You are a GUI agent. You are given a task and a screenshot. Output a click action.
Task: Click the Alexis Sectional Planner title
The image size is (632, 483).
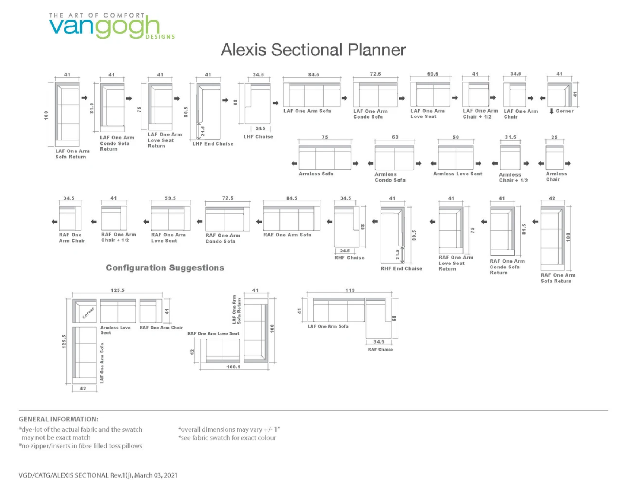click(313, 50)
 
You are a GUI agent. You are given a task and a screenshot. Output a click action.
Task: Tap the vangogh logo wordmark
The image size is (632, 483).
click(104, 26)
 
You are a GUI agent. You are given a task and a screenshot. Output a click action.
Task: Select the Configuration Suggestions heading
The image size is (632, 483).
click(165, 268)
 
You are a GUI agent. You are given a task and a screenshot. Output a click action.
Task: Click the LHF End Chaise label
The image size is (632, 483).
click(213, 144)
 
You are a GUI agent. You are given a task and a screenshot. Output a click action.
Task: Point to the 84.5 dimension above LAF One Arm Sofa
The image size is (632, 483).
click(313, 74)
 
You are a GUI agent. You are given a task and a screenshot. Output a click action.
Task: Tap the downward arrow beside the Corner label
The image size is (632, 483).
click(551, 111)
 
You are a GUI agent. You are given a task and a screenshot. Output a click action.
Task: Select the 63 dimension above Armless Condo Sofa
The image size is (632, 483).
click(395, 137)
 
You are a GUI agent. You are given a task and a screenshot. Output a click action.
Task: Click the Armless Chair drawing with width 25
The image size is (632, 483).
click(554, 158)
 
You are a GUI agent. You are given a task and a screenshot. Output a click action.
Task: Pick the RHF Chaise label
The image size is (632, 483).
click(349, 258)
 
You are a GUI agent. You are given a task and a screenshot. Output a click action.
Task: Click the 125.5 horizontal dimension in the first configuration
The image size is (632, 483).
click(117, 290)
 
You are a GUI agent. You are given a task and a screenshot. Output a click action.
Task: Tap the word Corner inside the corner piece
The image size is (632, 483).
click(88, 313)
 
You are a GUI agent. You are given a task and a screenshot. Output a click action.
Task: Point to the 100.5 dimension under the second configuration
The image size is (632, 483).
click(233, 367)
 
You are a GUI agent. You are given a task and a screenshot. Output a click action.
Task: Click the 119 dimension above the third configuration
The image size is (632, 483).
click(350, 290)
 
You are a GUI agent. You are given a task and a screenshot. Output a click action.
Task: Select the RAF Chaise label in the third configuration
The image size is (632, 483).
click(380, 349)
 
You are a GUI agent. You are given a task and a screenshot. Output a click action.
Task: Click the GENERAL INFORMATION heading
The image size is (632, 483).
click(58, 419)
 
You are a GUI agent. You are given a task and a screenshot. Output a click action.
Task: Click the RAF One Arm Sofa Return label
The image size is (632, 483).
click(558, 278)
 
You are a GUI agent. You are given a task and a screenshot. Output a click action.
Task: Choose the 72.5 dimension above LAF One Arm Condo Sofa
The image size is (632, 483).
click(375, 74)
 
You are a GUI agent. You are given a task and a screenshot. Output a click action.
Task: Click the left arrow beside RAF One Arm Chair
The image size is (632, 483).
click(54, 221)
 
